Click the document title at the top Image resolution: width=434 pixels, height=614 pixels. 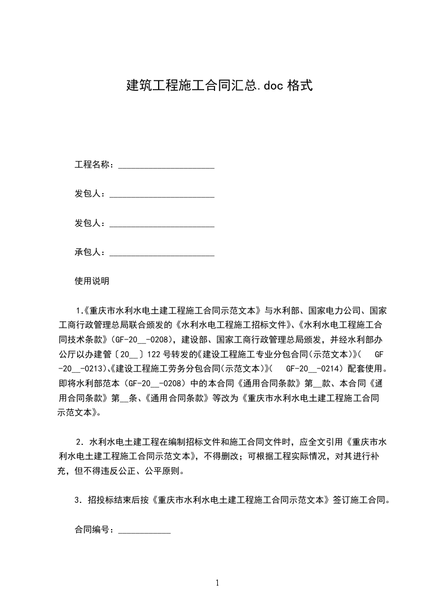tap(219, 85)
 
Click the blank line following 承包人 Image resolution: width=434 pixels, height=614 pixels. tap(162, 253)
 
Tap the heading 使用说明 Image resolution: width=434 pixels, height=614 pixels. tap(92, 281)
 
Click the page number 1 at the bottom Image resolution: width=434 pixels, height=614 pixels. tap(217, 583)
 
